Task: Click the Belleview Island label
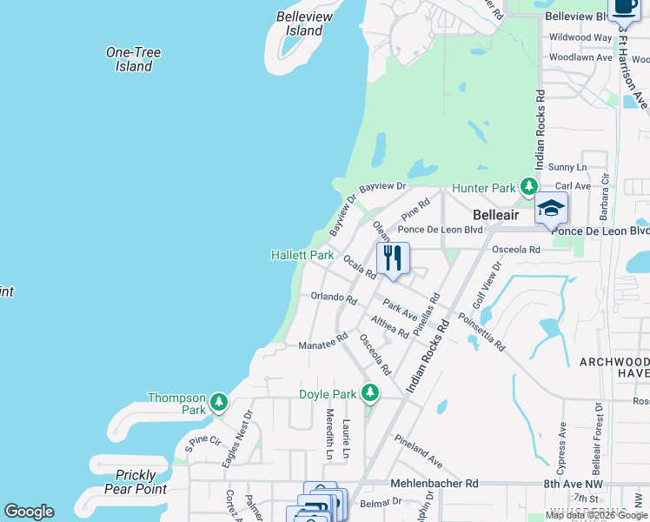pos(299,23)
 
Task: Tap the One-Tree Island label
pos(133,59)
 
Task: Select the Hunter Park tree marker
pos(527,186)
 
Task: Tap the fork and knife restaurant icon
pos(393,258)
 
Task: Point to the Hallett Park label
pos(302,256)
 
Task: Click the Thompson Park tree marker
pos(220,402)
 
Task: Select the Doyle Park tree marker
pos(370,393)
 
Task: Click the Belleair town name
pos(495,214)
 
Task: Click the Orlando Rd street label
pos(334,298)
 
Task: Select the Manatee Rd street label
pos(322,340)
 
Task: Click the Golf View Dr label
pos(483,288)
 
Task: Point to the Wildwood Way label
pos(580,37)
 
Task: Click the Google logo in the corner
pos(29,512)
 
